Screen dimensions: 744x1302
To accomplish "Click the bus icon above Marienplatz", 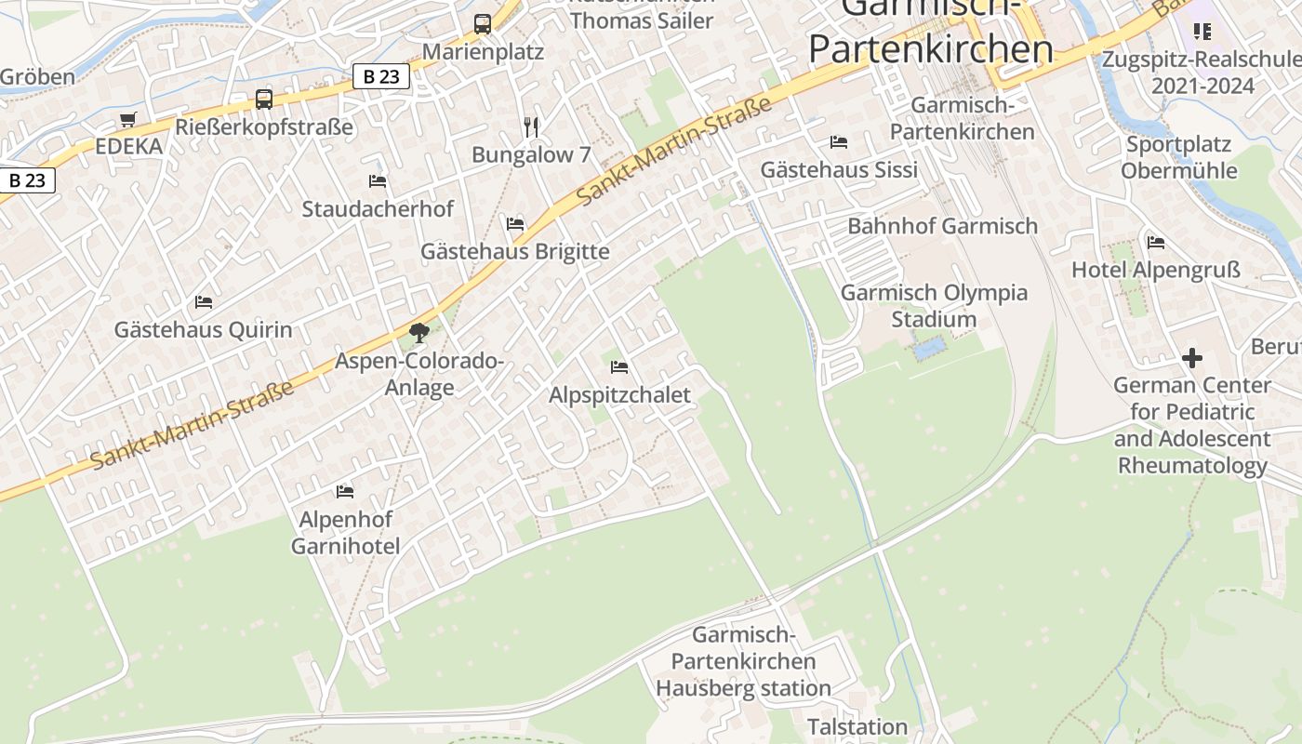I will (x=482, y=24).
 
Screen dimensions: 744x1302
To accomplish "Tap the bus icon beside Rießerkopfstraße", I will (x=264, y=100).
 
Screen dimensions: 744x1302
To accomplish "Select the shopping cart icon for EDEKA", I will (x=127, y=120).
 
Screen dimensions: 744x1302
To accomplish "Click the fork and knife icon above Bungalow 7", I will (x=531, y=126).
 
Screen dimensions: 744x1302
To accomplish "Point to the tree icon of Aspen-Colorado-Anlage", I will (x=419, y=332).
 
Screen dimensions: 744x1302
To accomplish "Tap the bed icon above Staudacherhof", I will (x=378, y=181).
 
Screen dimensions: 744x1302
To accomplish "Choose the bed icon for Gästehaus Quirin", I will (x=204, y=302).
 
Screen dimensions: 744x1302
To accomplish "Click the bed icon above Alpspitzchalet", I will (x=619, y=367).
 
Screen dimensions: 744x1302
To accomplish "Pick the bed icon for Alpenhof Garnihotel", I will (x=345, y=491).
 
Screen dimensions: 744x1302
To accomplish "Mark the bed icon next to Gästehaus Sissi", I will (x=839, y=142).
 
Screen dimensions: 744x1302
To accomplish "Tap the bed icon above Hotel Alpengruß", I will (x=1156, y=243).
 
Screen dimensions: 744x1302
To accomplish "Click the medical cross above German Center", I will (x=1191, y=358).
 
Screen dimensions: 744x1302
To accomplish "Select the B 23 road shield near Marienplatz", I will (x=381, y=76).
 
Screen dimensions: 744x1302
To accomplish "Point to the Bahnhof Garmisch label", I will (x=942, y=226).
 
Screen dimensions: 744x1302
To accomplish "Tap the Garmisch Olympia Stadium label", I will (x=934, y=306).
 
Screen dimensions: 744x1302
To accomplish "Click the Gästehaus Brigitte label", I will (x=515, y=251).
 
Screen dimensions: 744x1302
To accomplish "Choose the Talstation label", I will (x=857, y=726).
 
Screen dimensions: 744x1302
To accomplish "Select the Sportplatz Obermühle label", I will (x=1178, y=157).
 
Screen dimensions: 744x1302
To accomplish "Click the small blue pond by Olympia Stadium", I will (x=930, y=349).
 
